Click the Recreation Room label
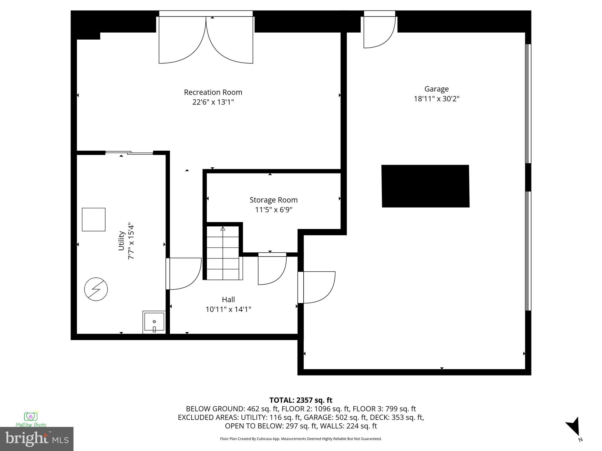click(x=213, y=92)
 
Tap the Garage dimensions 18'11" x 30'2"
click(x=436, y=99)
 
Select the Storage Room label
click(x=273, y=200)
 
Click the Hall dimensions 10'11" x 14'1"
click(x=228, y=309)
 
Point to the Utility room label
click(x=121, y=241)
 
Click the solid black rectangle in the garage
click(x=425, y=186)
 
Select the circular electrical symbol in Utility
click(x=96, y=289)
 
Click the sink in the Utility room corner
click(x=154, y=322)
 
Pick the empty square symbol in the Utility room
click(x=93, y=220)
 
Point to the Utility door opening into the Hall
click(x=184, y=274)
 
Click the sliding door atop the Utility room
click(x=129, y=152)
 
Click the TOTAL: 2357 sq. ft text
click(x=301, y=400)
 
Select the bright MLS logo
click(x=37, y=439)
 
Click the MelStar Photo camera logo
click(x=31, y=417)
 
